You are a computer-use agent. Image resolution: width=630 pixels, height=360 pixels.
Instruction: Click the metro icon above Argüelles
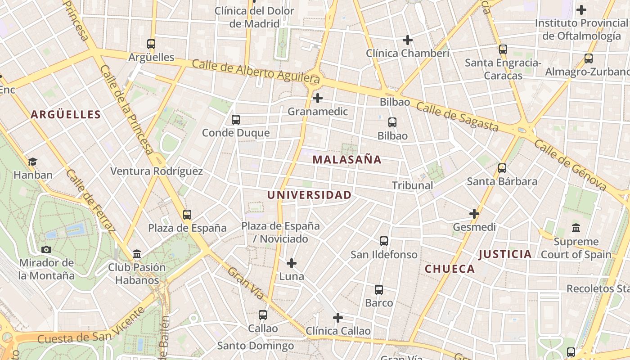(x=151, y=44)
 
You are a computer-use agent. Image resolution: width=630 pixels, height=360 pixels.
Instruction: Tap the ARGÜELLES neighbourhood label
(x=66, y=114)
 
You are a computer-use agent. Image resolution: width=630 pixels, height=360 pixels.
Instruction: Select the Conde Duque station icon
(x=235, y=120)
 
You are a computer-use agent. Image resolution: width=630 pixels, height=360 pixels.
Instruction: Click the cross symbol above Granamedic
(x=318, y=98)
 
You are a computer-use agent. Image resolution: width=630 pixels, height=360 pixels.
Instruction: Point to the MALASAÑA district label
(x=347, y=159)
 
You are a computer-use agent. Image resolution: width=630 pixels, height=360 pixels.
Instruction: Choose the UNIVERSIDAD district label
(x=309, y=195)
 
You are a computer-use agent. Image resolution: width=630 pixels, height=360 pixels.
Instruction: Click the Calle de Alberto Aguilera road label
(x=256, y=71)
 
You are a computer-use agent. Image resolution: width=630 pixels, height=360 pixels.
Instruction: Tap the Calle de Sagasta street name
(x=457, y=116)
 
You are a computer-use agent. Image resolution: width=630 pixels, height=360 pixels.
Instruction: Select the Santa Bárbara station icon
(x=502, y=168)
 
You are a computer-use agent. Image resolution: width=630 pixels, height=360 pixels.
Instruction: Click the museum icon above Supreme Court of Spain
(x=576, y=228)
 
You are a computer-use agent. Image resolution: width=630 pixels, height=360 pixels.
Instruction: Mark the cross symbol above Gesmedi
(x=474, y=214)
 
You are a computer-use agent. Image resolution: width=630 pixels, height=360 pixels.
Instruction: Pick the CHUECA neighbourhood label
(x=450, y=269)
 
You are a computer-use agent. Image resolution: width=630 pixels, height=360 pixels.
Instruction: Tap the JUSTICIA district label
(x=505, y=254)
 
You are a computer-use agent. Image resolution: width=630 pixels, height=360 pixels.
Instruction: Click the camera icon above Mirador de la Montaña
(x=46, y=249)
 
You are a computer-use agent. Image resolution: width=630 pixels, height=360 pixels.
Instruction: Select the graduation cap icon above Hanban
(x=32, y=162)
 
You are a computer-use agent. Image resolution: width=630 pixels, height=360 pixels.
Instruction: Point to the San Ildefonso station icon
(x=384, y=241)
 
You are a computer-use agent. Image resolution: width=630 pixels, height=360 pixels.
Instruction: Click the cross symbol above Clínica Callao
(x=338, y=318)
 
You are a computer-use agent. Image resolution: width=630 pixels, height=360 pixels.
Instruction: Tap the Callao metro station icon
(x=263, y=315)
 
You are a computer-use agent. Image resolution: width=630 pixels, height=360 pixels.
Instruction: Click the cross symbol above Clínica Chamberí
(x=408, y=40)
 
